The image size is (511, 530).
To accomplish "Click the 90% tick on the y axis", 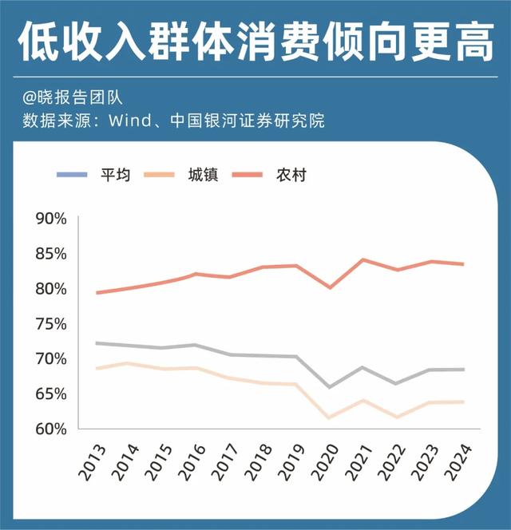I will (x=50, y=219).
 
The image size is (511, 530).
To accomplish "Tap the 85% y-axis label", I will (x=50, y=254).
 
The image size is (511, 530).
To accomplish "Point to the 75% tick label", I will (x=50, y=324).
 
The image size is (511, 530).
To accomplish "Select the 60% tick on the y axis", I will (x=50, y=429).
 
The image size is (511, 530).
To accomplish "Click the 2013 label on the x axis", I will (x=90, y=462).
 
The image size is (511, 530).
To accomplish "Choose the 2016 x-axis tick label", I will (x=191, y=462).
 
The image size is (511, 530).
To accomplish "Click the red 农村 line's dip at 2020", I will (x=330, y=287).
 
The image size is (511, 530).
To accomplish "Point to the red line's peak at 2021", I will (x=363, y=259).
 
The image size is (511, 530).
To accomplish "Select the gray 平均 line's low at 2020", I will (x=330, y=387).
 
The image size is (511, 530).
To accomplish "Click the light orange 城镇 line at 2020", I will (x=330, y=417).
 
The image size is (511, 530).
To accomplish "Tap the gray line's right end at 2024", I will (x=463, y=370).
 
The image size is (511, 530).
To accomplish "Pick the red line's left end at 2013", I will (x=97, y=293).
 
